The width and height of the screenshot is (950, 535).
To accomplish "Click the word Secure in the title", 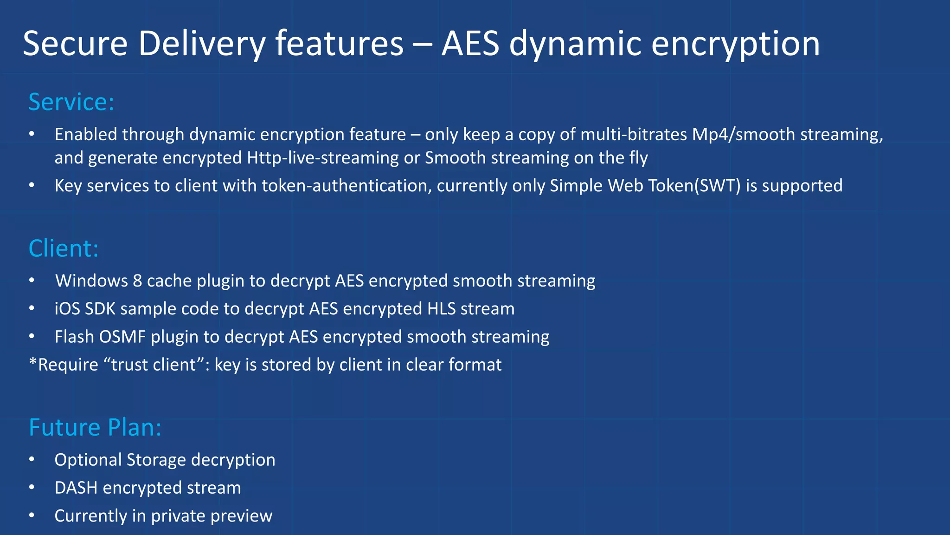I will [75, 44].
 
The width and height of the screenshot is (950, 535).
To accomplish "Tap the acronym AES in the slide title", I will [470, 44].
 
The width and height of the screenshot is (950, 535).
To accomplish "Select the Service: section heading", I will [71, 102].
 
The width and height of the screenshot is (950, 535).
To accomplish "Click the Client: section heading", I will [64, 248].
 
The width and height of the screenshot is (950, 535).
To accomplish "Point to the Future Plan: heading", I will [95, 427].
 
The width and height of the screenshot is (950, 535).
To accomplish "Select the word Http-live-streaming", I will [322, 158].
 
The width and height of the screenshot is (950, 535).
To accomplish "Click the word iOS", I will [67, 309].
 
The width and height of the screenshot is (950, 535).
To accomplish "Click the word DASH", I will [76, 488].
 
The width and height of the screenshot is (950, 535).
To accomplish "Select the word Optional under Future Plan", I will [88, 460].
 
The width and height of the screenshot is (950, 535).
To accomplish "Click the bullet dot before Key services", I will [32, 185].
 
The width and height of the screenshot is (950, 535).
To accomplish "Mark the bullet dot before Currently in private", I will [32, 515].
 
